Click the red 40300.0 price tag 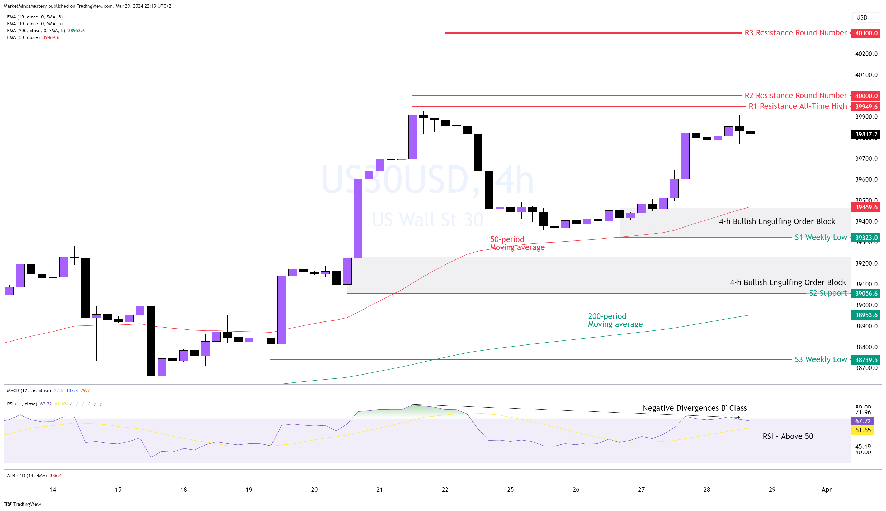866,33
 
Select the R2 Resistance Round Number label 795,96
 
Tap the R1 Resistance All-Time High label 798,106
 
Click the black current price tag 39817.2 866,134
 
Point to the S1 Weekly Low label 821,237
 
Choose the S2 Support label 828,293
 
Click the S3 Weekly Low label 821,359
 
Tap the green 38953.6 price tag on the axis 866,315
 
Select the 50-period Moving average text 517,243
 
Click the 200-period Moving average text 615,320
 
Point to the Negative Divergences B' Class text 694,408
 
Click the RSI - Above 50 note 788,436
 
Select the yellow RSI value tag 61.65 863,430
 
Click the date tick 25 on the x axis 510,489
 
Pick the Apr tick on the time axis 826,489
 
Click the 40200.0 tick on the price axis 866,54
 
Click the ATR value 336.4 56,476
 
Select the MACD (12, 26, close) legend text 29,391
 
